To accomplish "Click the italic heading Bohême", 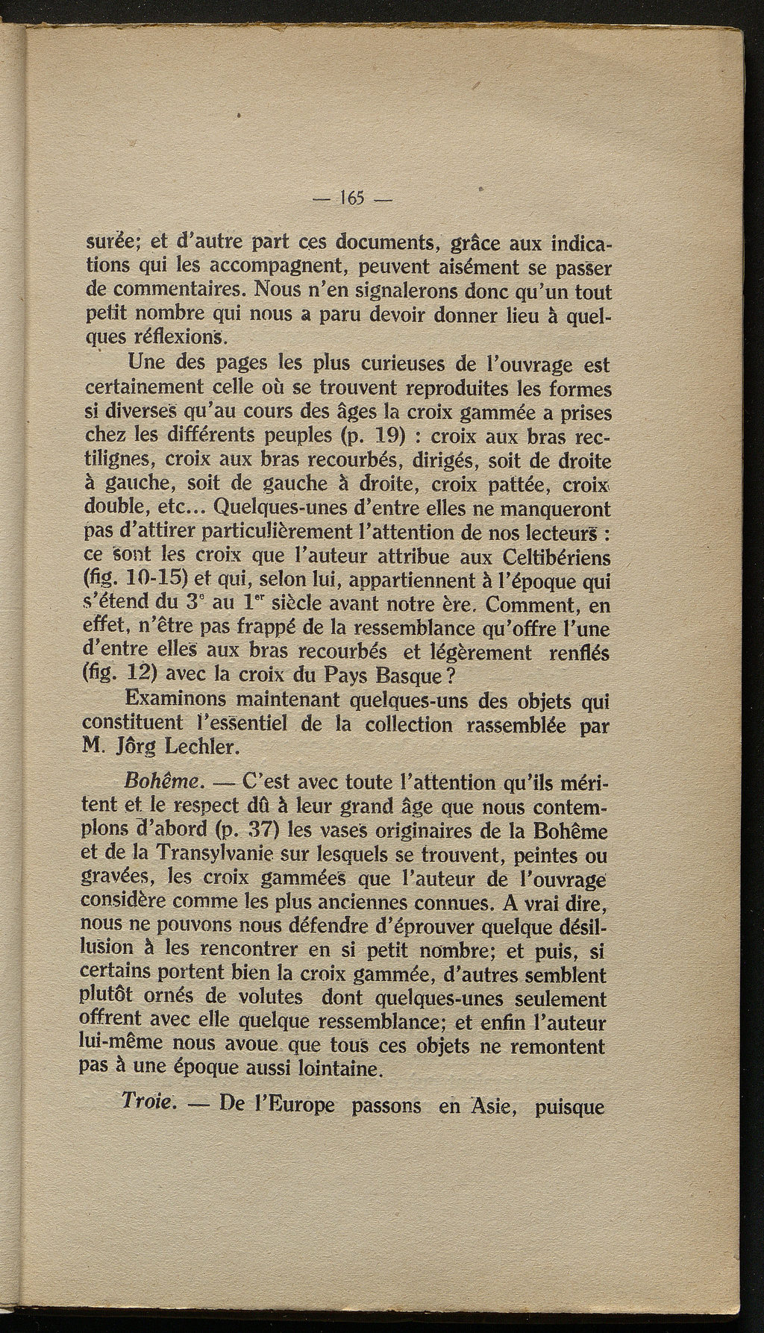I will [x=162, y=783].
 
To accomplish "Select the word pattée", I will [x=516, y=485].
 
